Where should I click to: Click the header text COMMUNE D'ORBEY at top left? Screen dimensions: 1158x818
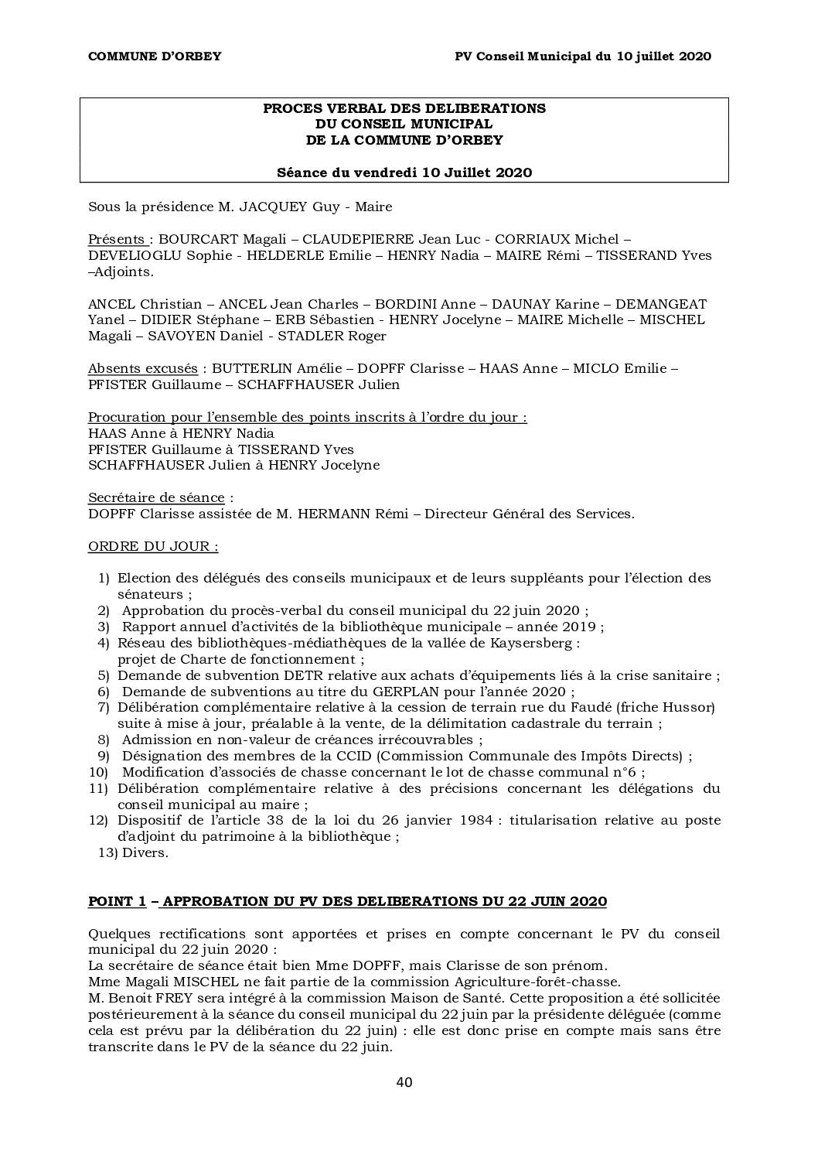pyautogui.click(x=155, y=56)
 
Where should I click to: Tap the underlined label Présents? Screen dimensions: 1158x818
pyautogui.click(x=116, y=240)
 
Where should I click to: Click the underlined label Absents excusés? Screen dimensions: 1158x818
pyautogui.click(x=142, y=369)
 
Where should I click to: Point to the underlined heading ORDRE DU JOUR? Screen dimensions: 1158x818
pyautogui.click(x=152, y=546)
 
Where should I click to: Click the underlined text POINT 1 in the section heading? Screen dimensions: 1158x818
pyautogui.click(x=117, y=901)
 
